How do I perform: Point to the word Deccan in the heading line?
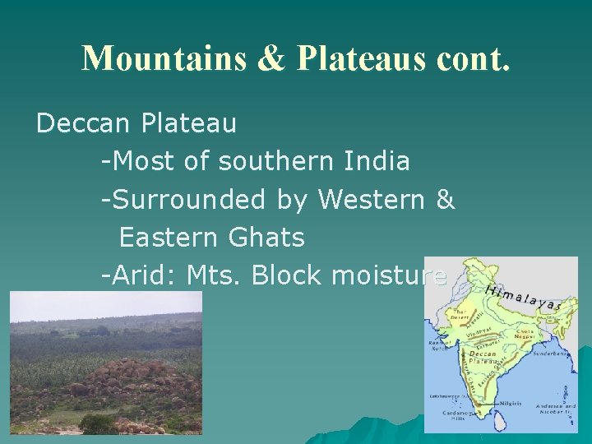coord(85,123)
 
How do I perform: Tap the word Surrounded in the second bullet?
coord(210,199)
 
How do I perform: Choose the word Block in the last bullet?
coord(288,276)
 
